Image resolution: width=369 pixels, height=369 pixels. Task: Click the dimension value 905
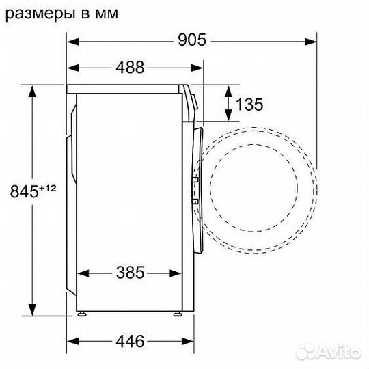coord(191,40)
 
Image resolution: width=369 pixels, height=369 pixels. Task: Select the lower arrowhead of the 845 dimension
coord(31,308)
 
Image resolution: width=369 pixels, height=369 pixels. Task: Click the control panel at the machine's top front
coord(192,100)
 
